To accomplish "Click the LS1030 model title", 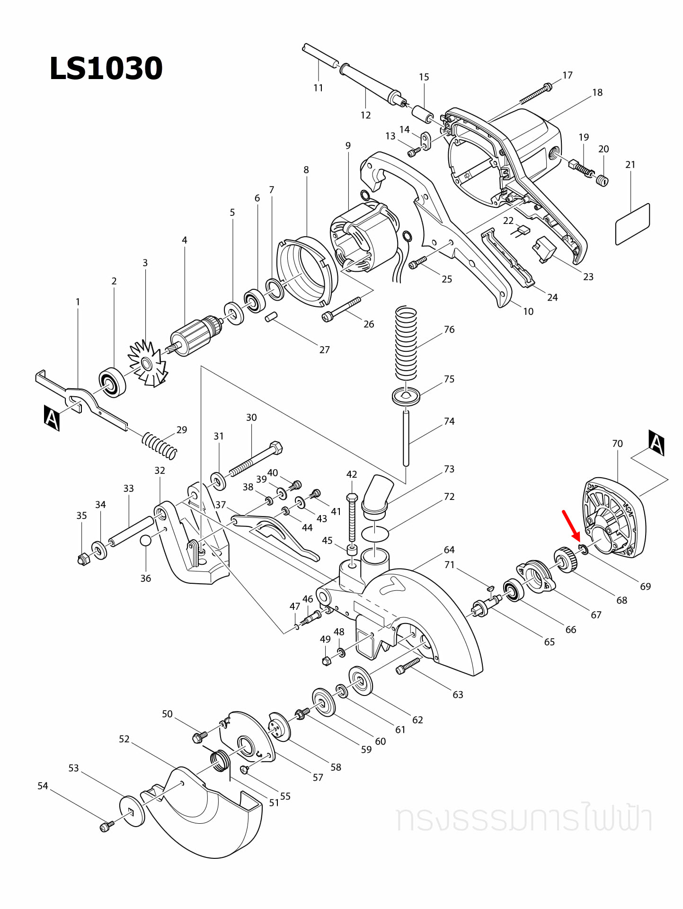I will pyautogui.click(x=106, y=68).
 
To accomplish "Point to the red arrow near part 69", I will pyautogui.click(x=571, y=525).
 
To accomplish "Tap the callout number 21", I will pyautogui.click(x=630, y=165).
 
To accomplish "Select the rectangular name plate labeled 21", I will pyautogui.click(x=632, y=224).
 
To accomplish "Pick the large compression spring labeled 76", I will pyautogui.click(x=406, y=343).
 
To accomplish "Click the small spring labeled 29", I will pyautogui.click(x=160, y=445).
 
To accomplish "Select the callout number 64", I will pyautogui.click(x=449, y=550).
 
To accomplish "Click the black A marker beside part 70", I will pyautogui.click(x=656, y=443).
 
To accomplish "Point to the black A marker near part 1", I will pyautogui.click(x=52, y=418).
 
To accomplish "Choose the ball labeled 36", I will pyautogui.click(x=146, y=540).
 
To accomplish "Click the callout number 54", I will pyautogui.click(x=43, y=786).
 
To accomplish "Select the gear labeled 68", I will pyautogui.click(x=565, y=559).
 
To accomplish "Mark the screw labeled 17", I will pyautogui.click(x=535, y=94).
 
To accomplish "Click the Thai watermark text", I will pyautogui.click(x=523, y=818).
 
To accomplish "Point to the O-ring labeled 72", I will pyautogui.click(x=375, y=534).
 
